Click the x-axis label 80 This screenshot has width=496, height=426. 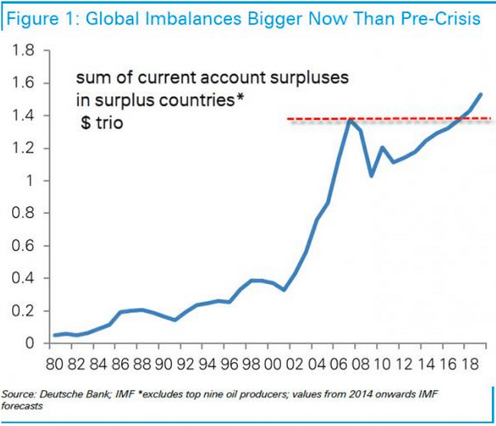pyautogui.click(x=56, y=360)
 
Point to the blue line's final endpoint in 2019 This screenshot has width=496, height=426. pyautogui.click(x=481, y=94)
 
